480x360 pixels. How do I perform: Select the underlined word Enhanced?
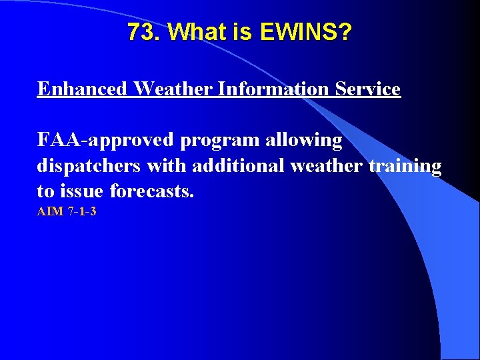point(81,89)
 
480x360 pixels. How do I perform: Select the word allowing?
point(304,141)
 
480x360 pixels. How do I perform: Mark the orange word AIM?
point(49,213)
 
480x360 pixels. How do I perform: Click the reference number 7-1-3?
point(81,213)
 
